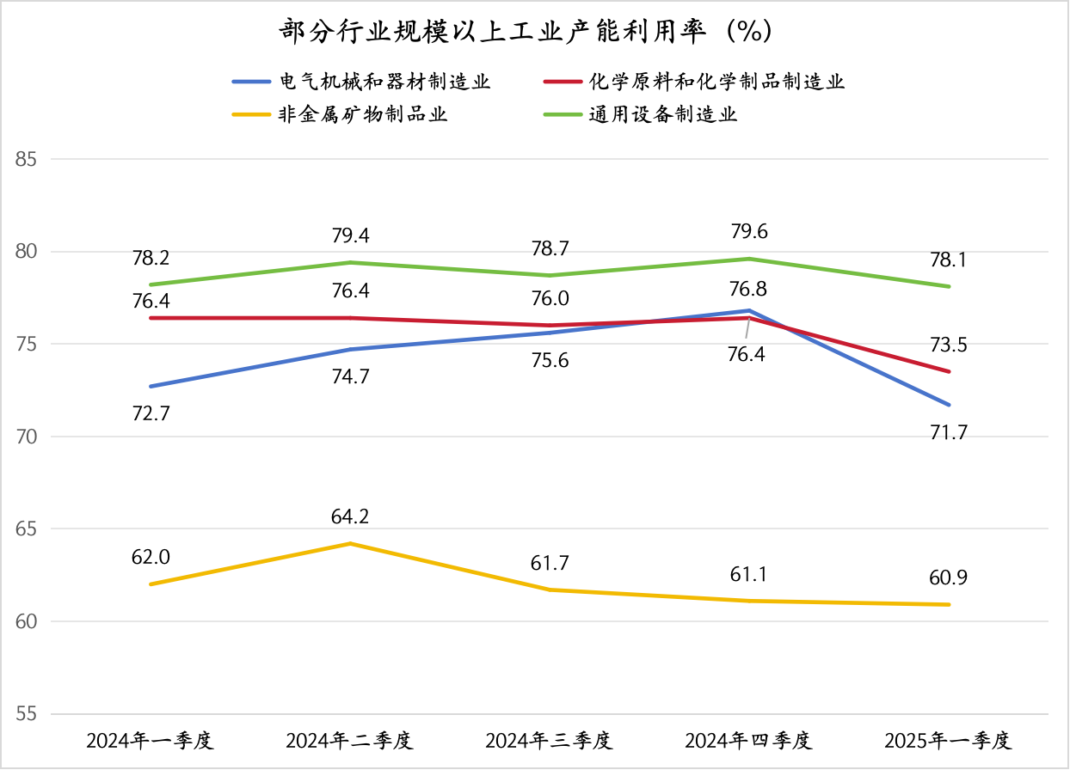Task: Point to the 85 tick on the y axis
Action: pos(28,159)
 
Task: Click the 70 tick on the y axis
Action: pos(28,437)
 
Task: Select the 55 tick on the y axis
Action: pos(28,714)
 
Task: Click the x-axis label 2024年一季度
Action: pos(150,741)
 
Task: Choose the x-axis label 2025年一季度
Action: pos(948,741)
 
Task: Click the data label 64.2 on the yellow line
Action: pos(349,517)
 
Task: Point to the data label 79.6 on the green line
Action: pos(748,232)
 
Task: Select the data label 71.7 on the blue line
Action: pos(948,432)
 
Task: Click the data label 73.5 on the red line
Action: pos(948,345)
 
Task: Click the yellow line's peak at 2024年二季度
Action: pos(349,543)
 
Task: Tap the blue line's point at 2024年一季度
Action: pos(150,387)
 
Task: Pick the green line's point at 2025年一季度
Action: pos(948,286)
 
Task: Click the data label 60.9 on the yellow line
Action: pos(948,577)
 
